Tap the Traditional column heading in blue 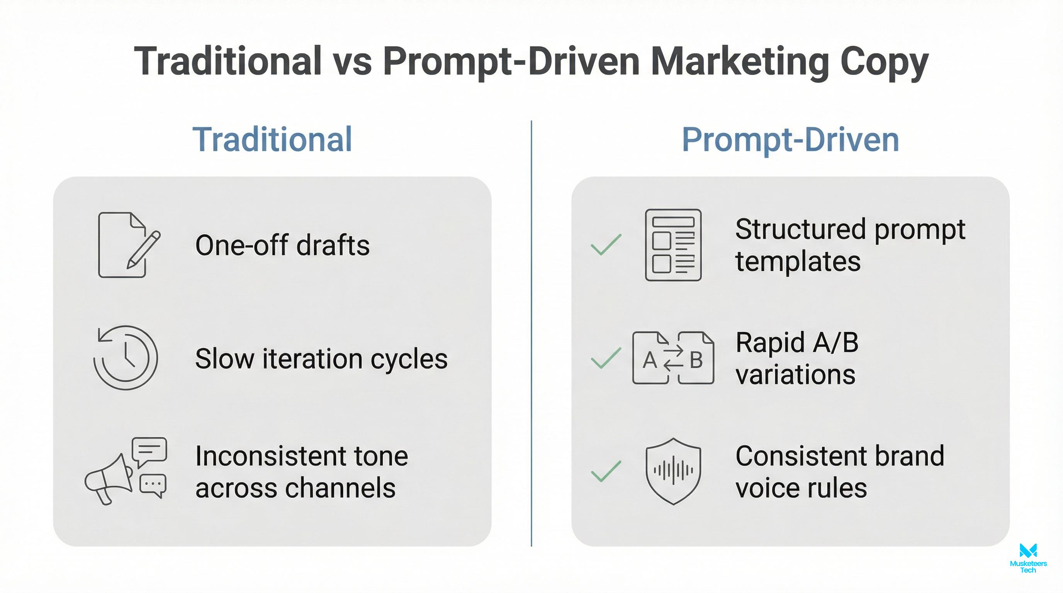[272, 139]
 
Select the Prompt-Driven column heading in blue [790, 139]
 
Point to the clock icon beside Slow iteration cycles [126, 357]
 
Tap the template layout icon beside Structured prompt [673, 245]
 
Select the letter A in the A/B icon [650, 360]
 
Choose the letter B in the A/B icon [696, 360]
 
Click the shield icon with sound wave [673, 471]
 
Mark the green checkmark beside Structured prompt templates [606, 244]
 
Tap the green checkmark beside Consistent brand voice [606, 471]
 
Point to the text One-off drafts [282, 246]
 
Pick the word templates [798, 261]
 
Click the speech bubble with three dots [153, 485]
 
